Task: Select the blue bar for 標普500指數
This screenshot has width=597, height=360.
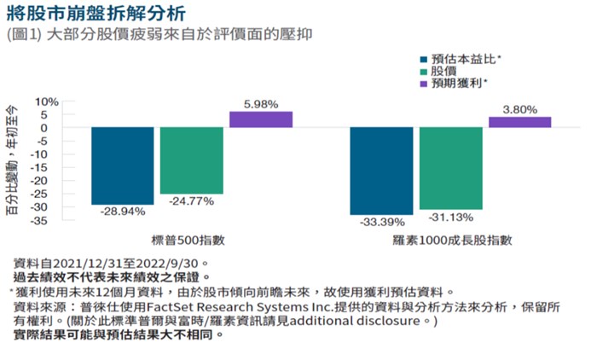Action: coord(123,165)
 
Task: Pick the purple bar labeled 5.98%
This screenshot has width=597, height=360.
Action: coord(260,119)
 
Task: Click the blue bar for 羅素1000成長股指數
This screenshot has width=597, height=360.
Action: coord(380,171)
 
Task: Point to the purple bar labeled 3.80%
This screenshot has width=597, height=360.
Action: coord(519,122)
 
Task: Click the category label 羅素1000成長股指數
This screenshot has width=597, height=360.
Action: coord(450,241)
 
